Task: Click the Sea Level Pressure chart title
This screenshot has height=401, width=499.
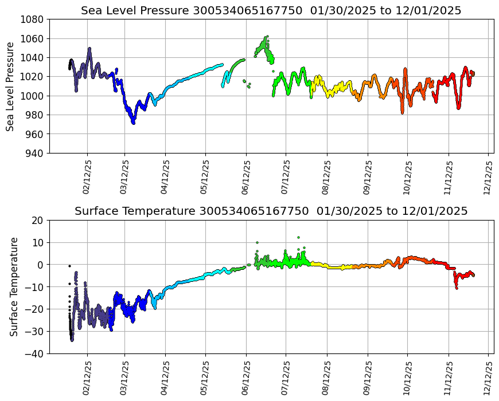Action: [x=271, y=11]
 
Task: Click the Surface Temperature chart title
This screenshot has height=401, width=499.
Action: [x=271, y=211]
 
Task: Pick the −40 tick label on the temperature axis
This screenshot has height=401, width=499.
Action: [x=34, y=354]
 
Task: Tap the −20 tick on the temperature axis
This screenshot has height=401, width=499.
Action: [x=34, y=309]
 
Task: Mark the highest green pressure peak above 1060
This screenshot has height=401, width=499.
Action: [x=267, y=36]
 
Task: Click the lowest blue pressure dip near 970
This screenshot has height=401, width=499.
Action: [x=133, y=123]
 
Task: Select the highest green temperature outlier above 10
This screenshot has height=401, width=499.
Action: [x=298, y=237]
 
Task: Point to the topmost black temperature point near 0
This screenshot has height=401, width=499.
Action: [x=69, y=266]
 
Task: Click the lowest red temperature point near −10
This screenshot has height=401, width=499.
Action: [x=457, y=288]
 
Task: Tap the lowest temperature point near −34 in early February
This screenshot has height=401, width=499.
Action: [x=72, y=340]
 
